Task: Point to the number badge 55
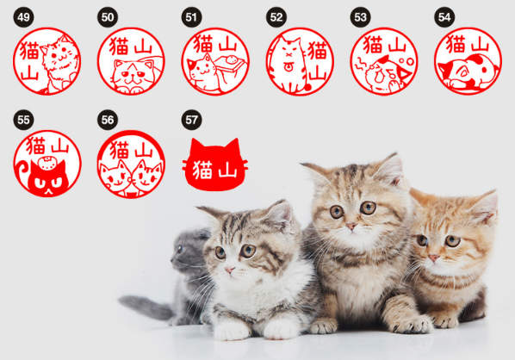(x=23, y=121)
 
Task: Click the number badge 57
(x=192, y=121)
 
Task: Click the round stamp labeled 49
(x=47, y=61)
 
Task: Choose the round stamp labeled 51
(x=214, y=61)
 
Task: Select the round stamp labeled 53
(x=383, y=61)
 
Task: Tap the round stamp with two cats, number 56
(x=131, y=164)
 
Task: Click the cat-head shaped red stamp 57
(x=214, y=164)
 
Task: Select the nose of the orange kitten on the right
(x=433, y=256)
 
